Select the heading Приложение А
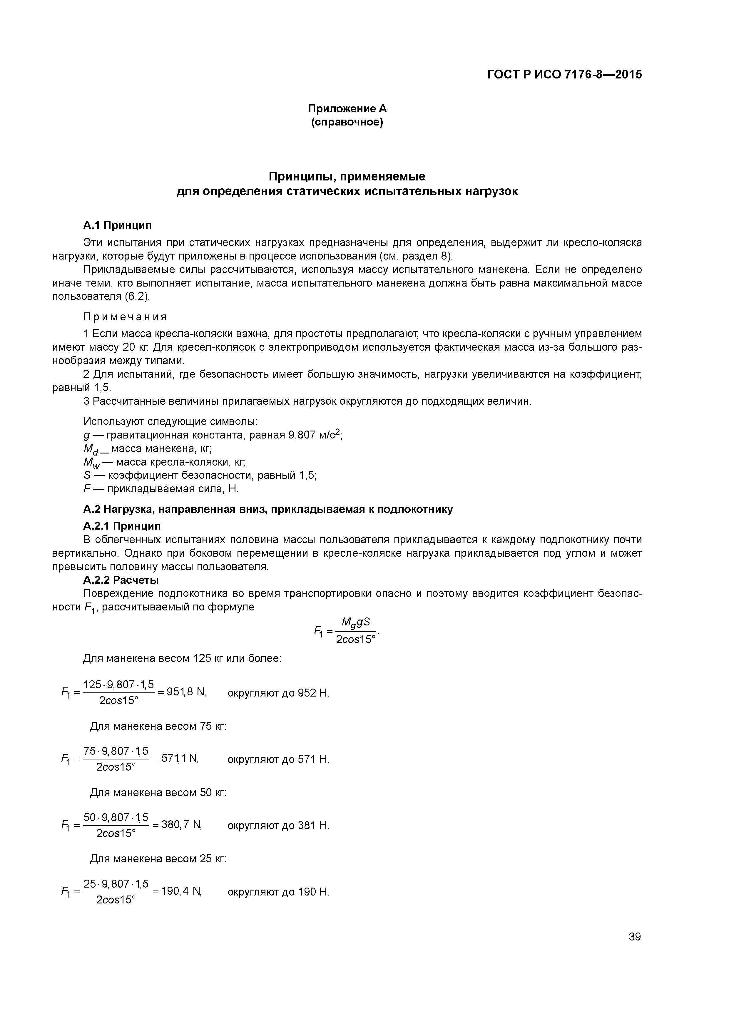(347, 109)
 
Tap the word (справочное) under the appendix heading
(347, 122)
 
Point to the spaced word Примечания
(125, 317)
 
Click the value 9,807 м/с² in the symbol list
(315, 435)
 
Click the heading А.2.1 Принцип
(122, 526)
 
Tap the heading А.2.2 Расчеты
(121, 580)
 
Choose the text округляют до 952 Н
(278, 693)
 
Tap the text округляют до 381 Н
(278, 825)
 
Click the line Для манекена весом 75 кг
(158, 726)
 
